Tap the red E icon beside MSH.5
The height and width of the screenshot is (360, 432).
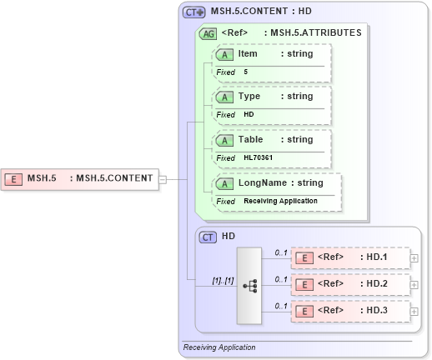click(x=13, y=177)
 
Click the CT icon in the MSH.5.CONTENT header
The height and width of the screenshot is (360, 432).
click(x=194, y=12)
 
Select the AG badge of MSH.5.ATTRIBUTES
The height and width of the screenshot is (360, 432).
click(x=208, y=33)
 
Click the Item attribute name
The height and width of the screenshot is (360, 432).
click(x=248, y=53)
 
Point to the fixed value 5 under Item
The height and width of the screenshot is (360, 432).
click(x=246, y=72)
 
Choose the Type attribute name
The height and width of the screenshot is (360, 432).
click(x=249, y=96)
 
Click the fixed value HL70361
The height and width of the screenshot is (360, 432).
click(x=258, y=157)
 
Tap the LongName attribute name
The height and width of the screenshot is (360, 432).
click(x=262, y=182)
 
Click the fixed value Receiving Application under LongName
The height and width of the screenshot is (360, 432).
click(x=280, y=201)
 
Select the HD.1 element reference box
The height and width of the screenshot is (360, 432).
click(x=350, y=257)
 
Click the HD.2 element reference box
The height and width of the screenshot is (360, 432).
click(x=350, y=284)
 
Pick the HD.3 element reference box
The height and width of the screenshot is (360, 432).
click(x=350, y=311)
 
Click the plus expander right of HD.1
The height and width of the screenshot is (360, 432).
click(x=414, y=258)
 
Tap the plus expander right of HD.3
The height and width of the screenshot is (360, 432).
click(x=414, y=312)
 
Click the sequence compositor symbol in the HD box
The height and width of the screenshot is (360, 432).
click(x=249, y=284)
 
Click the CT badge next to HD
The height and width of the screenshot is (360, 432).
click(x=208, y=237)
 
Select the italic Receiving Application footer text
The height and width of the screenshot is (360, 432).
click(x=219, y=347)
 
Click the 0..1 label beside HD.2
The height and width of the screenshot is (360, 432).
click(x=281, y=279)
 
